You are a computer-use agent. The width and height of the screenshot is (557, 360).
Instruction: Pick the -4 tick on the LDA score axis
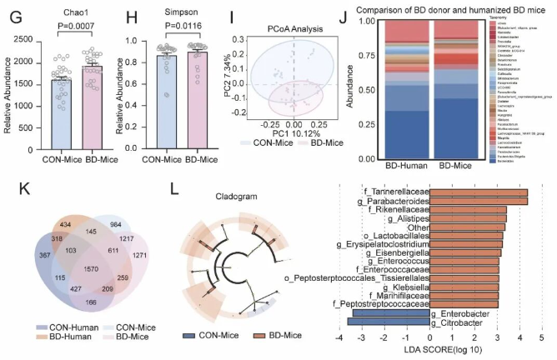[339, 338]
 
